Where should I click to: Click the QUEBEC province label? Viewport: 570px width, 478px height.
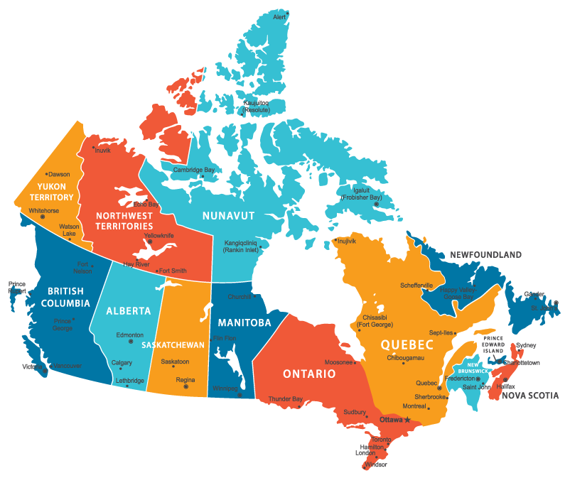click(x=407, y=344)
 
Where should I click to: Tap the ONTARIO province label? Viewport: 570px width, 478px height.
click(x=309, y=374)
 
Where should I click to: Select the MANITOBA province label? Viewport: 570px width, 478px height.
click(x=244, y=322)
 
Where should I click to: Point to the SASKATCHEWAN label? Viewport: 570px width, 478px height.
click(x=173, y=344)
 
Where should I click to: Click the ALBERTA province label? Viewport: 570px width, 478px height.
click(x=129, y=311)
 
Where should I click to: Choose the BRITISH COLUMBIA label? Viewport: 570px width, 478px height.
click(x=65, y=297)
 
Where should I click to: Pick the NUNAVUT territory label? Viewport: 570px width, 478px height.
click(x=228, y=215)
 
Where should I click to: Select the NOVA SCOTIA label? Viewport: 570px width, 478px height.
click(x=530, y=396)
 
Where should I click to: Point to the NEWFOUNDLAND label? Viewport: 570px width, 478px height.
click(x=485, y=254)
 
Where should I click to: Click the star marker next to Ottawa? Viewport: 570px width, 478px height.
click(x=407, y=420)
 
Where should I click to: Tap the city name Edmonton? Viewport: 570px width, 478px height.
click(x=130, y=335)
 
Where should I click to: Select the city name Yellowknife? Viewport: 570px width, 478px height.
click(x=158, y=235)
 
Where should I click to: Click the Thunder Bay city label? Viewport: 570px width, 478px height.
click(x=285, y=399)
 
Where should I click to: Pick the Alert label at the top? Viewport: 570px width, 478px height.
click(x=280, y=16)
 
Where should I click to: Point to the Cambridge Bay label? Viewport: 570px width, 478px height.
click(x=193, y=170)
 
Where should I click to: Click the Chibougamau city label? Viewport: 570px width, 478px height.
click(x=405, y=358)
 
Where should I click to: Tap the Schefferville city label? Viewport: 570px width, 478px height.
click(x=416, y=286)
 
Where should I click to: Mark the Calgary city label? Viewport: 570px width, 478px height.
click(x=122, y=362)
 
